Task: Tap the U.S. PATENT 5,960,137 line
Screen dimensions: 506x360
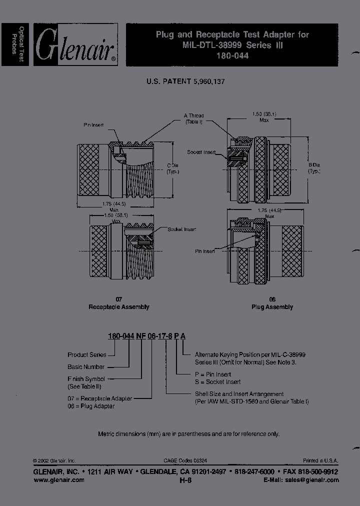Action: (185, 80)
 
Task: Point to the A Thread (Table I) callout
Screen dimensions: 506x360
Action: (194, 118)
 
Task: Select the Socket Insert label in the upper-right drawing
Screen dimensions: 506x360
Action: (201, 151)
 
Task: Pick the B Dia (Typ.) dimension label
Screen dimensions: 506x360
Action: (314, 168)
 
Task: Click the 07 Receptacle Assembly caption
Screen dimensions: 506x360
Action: (118, 303)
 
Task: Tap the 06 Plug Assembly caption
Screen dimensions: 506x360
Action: (272, 303)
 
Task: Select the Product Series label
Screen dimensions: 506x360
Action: (87, 354)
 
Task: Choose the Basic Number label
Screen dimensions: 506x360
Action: (86, 366)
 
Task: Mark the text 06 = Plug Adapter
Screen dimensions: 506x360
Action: (91, 406)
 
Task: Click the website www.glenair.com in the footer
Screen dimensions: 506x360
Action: (58, 480)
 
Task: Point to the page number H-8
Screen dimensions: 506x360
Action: (185, 480)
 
